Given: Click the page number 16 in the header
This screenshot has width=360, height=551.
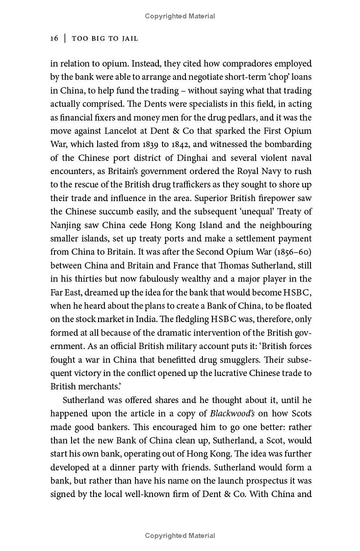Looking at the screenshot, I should pos(54,39).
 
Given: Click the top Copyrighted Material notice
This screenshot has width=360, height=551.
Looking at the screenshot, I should pos(180,16).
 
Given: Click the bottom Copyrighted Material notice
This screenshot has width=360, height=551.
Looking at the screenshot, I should pos(180,536).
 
